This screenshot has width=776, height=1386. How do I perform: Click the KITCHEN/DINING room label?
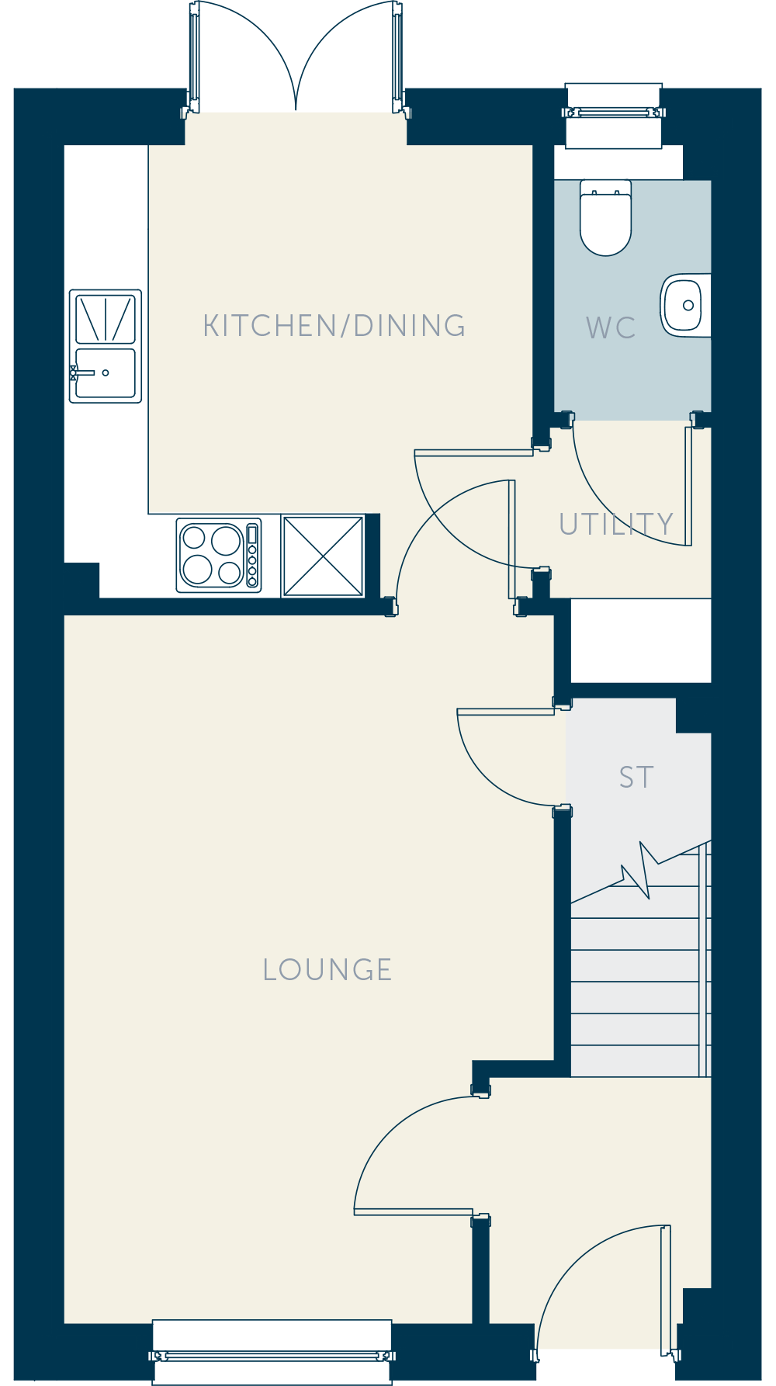(x=334, y=326)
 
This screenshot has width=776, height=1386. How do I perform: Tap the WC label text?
(x=611, y=327)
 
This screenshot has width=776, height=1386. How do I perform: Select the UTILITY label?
(x=616, y=525)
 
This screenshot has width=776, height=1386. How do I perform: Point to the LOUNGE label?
(x=327, y=970)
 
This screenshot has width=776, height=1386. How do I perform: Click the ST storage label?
(x=636, y=777)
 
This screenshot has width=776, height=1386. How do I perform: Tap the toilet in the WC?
(x=606, y=218)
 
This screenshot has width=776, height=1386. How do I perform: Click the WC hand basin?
(x=685, y=305)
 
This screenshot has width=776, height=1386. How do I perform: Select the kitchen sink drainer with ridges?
(x=106, y=318)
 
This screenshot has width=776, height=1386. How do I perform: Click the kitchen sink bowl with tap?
(x=106, y=373)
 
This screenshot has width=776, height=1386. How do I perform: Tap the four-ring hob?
(x=219, y=556)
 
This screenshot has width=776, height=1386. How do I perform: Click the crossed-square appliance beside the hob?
(x=323, y=556)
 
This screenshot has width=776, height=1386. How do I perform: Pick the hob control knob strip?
(x=252, y=556)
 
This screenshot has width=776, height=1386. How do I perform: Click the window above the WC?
(x=614, y=113)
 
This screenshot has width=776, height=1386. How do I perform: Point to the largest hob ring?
(x=227, y=540)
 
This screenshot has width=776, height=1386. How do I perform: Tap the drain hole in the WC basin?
(x=688, y=306)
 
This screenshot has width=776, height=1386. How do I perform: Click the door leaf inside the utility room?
(x=688, y=485)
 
